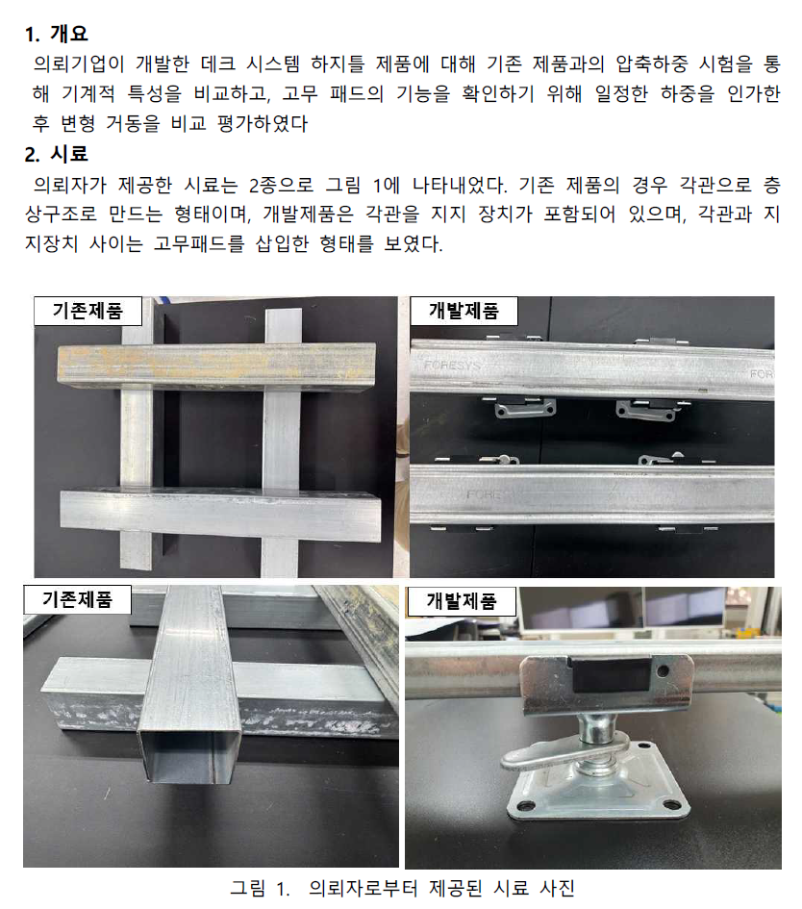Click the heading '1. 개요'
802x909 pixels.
[56, 34]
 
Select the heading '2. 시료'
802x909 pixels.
[56, 154]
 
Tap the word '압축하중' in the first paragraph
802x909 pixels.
[651, 63]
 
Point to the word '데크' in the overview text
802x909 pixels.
[218, 63]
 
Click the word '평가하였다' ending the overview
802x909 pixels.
[262, 123]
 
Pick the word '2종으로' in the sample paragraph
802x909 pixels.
[281, 185]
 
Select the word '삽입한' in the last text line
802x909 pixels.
[282, 243]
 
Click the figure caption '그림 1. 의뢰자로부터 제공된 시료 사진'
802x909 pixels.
[403, 888]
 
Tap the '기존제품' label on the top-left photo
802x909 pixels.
[88, 311]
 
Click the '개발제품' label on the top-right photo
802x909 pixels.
[464, 311]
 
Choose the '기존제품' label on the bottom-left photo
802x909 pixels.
[77, 599]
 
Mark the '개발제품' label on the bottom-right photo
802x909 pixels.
[462, 601]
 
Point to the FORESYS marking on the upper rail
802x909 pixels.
[452, 365]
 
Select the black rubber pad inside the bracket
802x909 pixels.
[611, 674]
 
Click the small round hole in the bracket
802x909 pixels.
[664, 670]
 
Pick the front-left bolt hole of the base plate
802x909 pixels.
[526, 806]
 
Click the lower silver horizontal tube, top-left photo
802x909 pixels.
[221, 516]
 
